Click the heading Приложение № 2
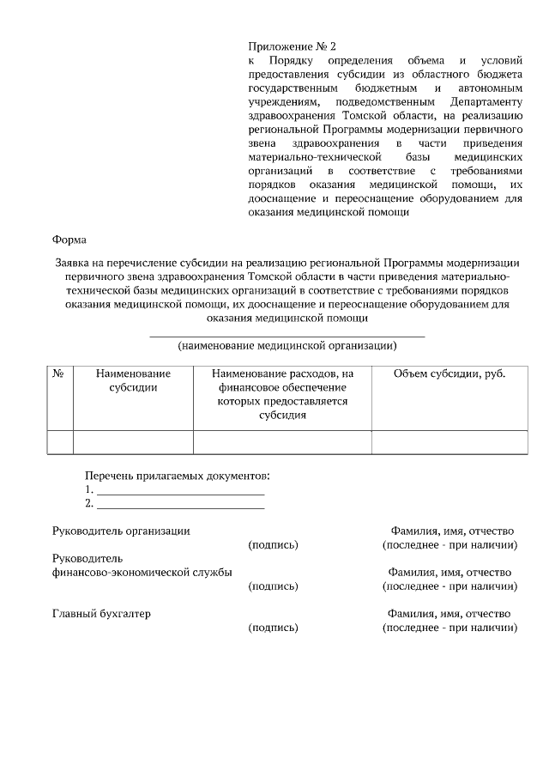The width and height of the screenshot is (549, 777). click(x=287, y=46)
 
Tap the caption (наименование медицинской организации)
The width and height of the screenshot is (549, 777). click(x=287, y=346)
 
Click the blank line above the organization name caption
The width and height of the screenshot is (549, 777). click(x=287, y=335)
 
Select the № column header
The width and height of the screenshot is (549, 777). click(x=60, y=373)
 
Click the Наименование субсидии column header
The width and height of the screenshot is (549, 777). click(x=133, y=380)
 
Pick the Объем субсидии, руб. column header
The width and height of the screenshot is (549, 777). click(x=449, y=373)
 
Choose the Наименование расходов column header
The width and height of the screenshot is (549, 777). click(x=282, y=394)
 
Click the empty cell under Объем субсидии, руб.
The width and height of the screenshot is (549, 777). click(x=449, y=441)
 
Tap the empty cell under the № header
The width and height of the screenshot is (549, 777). click(x=60, y=441)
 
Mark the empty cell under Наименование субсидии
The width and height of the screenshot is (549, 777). click(x=133, y=441)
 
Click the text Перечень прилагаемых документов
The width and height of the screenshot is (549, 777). click(x=177, y=476)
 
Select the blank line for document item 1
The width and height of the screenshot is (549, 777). click(x=180, y=492)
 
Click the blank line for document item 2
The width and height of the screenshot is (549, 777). click(x=180, y=506)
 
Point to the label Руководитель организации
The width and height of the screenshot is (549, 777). click(x=121, y=531)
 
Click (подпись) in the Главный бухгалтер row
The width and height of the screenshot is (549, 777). click(x=273, y=628)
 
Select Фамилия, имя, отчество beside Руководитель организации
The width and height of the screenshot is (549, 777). click(x=449, y=531)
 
